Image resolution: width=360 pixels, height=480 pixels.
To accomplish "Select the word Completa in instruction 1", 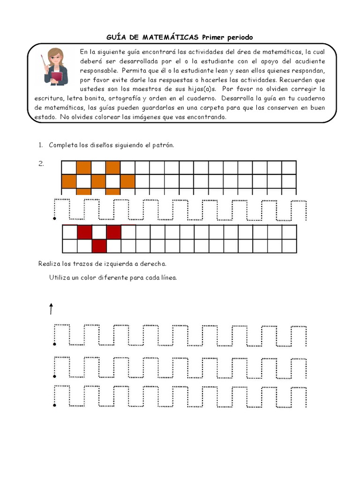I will click(x=63, y=145).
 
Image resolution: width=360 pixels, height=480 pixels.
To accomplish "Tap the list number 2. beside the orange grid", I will click(x=41, y=164).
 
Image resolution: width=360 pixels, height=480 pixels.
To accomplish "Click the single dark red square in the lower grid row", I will click(x=99, y=246).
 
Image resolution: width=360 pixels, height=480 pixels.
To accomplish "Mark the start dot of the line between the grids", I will click(x=55, y=219).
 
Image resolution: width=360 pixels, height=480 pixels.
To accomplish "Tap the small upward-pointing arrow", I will click(x=51, y=308).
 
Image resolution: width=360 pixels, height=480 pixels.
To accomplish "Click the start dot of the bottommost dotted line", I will click(x=55, y=405).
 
